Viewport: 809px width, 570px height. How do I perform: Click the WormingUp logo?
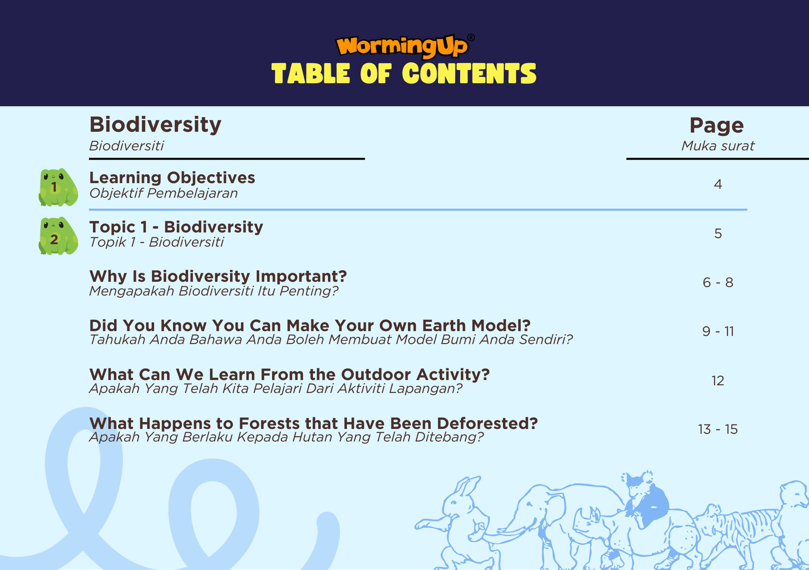click(x=405, y=45)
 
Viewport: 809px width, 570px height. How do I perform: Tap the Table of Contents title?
click(x=404, y=74)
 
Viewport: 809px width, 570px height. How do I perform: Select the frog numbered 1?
click(x=58, y=187)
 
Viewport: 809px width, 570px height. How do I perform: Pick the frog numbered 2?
click(x=58, y=236)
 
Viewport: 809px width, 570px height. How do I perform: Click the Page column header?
click(x=717, y=126)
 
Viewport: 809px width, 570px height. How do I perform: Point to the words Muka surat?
click(x=718, y=146)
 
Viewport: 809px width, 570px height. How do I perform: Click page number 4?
click(x=718, y=184)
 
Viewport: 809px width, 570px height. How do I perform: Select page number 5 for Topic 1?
click(x=718, y=233)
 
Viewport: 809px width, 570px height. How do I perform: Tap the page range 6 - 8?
click(x=718, y=282)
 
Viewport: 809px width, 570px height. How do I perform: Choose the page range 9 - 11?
click(x=718, y=331)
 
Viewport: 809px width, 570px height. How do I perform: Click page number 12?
click(x=718, y=381)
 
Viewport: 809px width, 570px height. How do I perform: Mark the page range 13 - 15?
click(x=718, y=429)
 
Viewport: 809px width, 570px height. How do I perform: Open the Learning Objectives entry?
click(x=172, y=178)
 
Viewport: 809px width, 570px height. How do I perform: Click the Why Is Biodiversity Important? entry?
click(x=218, y=276)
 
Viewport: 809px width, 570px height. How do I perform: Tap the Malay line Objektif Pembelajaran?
click(x=163, y=193)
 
